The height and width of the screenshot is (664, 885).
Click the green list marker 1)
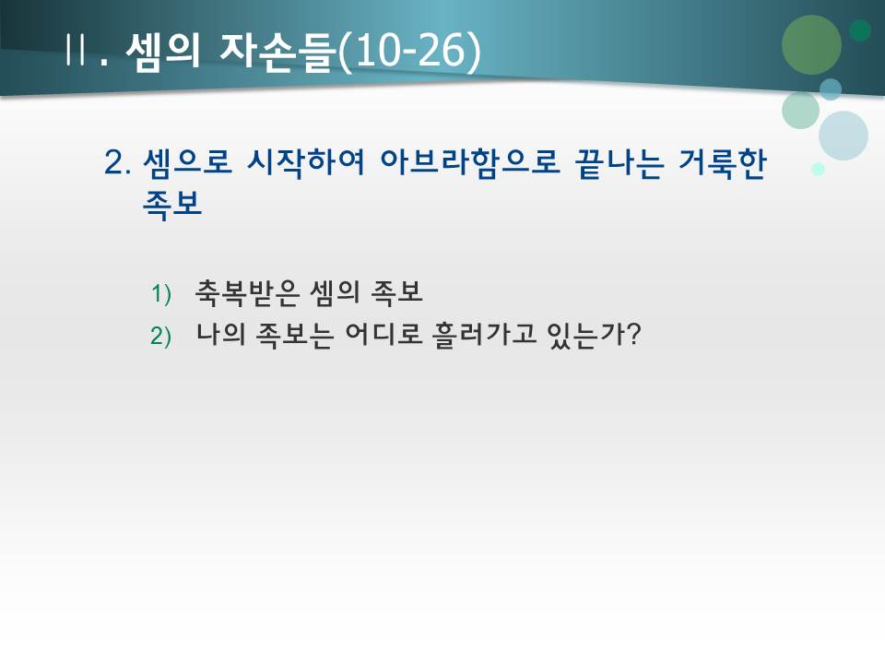[161, 294]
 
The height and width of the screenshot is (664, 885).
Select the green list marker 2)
[161, 337]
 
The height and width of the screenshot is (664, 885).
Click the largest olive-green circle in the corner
[811, 44]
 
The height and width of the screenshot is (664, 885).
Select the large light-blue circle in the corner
[844, 136]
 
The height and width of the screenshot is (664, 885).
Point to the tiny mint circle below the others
[818, 170]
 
